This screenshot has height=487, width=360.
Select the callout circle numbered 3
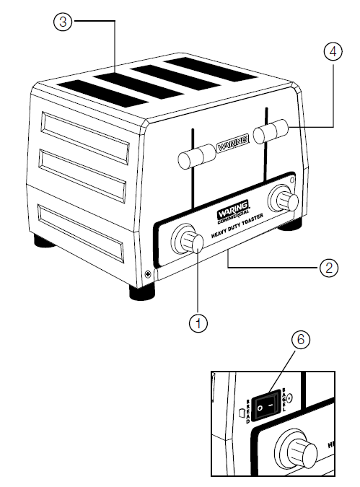[x=64, y=22]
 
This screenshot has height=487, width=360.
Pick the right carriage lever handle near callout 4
[x=272, y=131]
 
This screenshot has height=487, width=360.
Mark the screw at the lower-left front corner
[x=148, y=273]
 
